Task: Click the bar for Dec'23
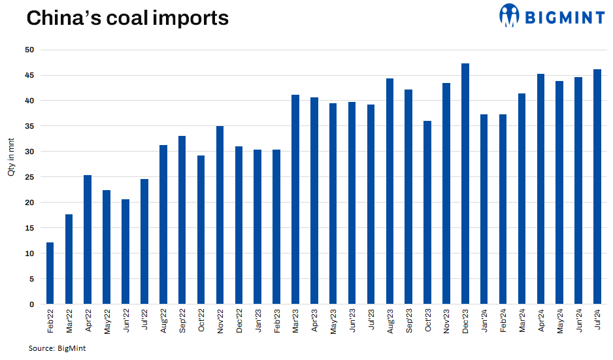tap(465, 184)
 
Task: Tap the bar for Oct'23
tap(427, 212)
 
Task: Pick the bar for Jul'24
tap(597, 187)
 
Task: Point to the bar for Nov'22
tap(220, 215)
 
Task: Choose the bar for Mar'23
tap(295, 199)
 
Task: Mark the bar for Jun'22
tap(125, 252)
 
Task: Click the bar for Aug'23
tap(389, 191)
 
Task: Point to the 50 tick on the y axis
tap(31, 50)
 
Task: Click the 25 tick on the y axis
tap(31, 177)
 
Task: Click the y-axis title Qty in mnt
tap(11, 161)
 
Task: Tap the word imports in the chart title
tap(190, 18)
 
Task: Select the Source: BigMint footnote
tap(57, 348)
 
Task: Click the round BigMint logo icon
tap(510, 15)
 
